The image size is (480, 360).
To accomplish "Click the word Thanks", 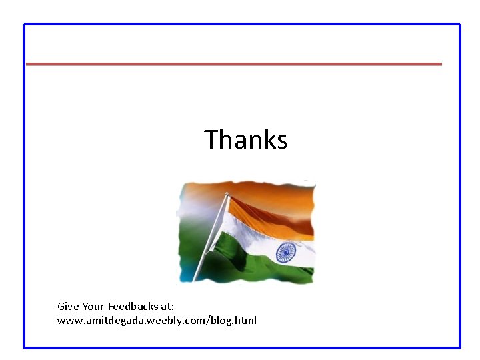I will [245, 140].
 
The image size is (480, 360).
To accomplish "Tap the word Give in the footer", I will [68, 307].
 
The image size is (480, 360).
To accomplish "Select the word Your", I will [93, 307].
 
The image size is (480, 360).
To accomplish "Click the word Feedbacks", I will [133, 307].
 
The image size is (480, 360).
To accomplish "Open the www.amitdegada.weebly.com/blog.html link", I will [157, 321].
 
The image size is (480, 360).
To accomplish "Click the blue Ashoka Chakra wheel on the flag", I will [286, 252].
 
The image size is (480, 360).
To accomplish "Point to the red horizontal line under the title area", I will [233, 64].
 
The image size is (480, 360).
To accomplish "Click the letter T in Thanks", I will [211, 140].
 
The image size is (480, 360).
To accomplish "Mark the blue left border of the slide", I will [25, 187].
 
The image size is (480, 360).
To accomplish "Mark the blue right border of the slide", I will [459, 187].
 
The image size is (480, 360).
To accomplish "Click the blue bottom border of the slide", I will [240, 347].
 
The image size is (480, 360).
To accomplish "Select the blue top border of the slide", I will [240, 25].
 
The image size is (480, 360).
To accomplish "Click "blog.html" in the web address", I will [233, 321].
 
